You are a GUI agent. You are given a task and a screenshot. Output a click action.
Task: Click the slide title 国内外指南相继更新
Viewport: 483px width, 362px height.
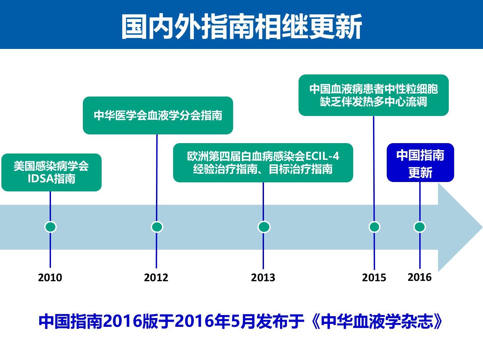point(241,26)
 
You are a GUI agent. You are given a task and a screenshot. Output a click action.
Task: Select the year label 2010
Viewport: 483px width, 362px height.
point(50,278)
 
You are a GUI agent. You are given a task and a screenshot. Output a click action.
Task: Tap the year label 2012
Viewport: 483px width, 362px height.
point(156,278)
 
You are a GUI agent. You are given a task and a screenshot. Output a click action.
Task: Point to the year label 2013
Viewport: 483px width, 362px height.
point(263,278)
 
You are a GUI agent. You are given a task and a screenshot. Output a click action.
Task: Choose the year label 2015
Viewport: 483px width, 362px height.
point(374,278)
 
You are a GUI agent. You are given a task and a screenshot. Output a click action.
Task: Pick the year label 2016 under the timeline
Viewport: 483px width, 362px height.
point(420,277)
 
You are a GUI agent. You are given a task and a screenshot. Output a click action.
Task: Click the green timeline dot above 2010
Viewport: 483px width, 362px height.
point(50,227)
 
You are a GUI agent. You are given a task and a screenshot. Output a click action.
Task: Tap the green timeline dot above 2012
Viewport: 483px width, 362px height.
point(157,227)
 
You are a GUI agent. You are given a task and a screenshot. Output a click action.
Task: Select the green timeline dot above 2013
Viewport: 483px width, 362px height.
point(264,227)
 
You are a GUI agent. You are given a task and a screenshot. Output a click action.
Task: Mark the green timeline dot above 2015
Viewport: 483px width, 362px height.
point(374,227)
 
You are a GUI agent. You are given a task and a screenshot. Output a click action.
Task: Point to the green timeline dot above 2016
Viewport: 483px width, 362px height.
point(420,227)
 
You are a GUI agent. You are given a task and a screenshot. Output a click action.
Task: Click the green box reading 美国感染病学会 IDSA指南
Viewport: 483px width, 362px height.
point(52,172)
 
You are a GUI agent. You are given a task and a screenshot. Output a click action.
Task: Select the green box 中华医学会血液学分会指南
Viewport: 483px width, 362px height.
point(158,115)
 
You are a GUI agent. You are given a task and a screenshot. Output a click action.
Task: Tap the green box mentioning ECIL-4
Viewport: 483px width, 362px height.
point(263,163)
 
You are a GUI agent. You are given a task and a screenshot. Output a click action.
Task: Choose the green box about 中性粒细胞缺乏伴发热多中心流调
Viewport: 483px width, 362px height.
point(374,95)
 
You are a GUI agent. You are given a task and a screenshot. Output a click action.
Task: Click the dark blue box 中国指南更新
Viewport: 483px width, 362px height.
point(421,163)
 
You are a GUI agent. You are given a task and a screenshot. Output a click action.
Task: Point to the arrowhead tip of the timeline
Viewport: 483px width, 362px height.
point(482,227)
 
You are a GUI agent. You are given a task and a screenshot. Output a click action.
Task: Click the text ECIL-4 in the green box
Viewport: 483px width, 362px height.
point(322,156)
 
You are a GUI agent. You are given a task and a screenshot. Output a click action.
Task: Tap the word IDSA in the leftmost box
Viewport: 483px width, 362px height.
point(41,179)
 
